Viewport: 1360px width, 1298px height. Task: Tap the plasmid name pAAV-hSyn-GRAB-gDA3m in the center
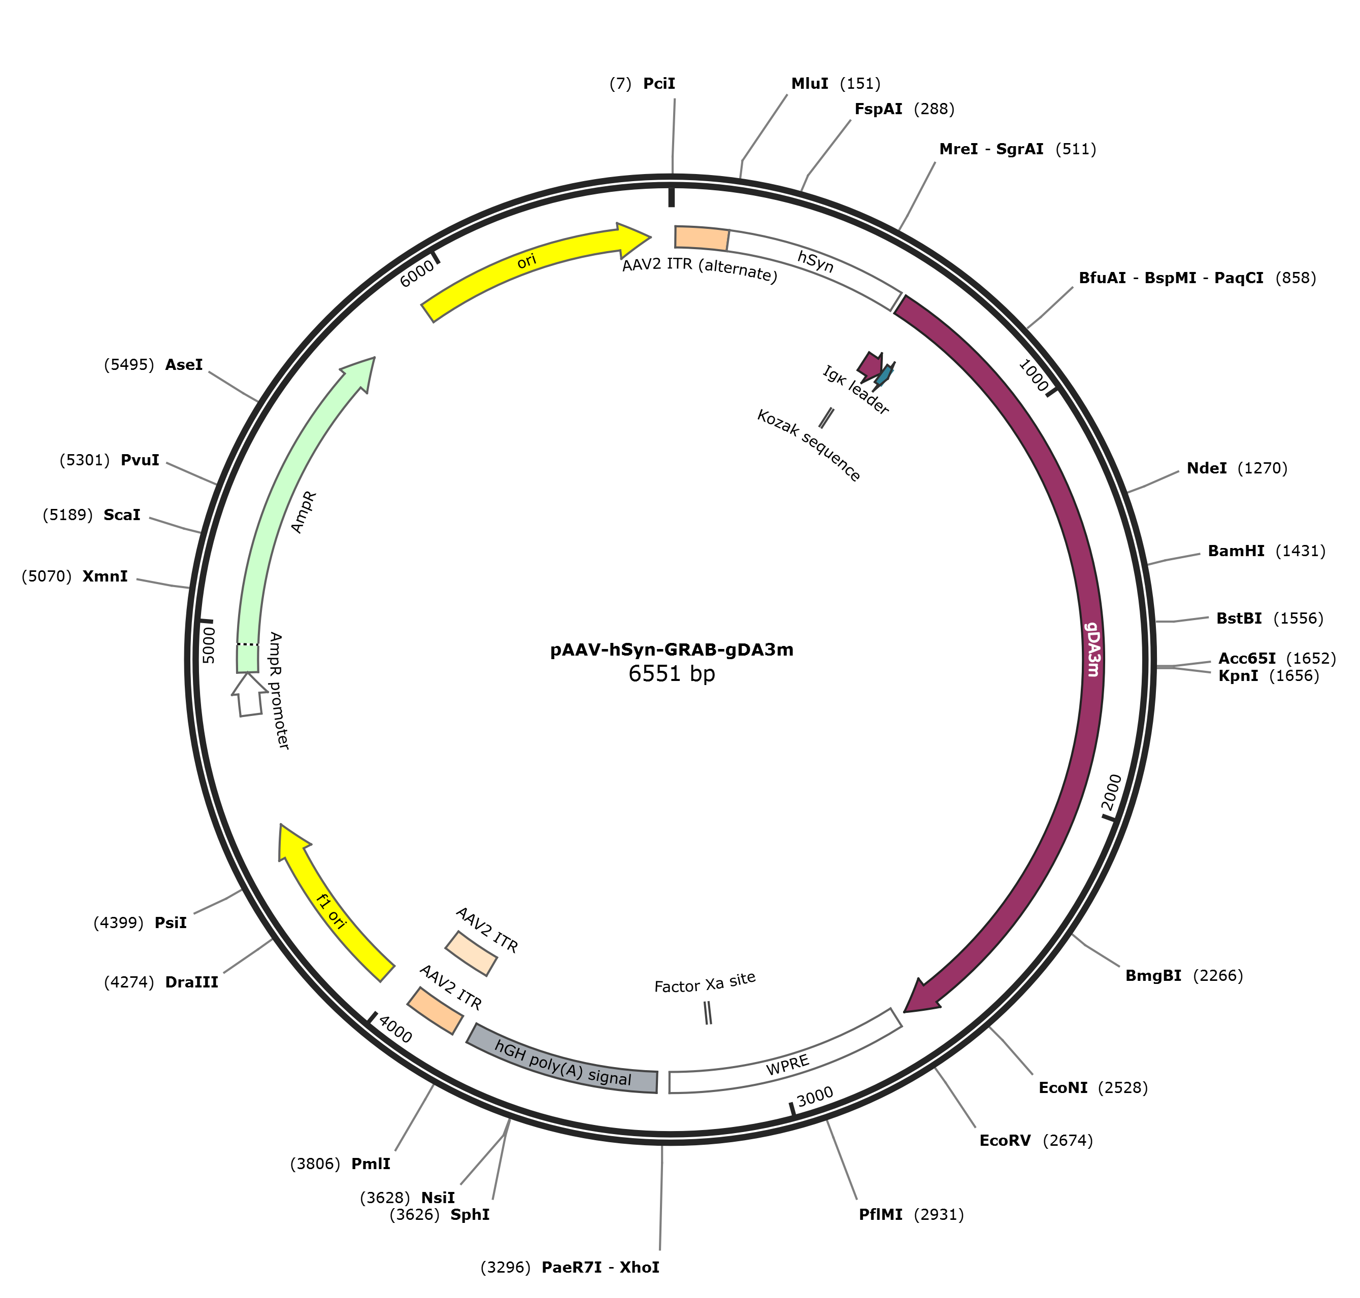click(671, 650)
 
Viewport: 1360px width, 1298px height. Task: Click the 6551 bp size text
click(671, 674)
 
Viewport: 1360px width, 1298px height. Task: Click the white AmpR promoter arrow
click(249, 695)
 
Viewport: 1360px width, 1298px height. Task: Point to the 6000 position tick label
click(417, 274)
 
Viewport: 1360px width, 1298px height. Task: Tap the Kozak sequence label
click(808, 446)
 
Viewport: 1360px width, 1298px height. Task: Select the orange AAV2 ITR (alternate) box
click(701, 237)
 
